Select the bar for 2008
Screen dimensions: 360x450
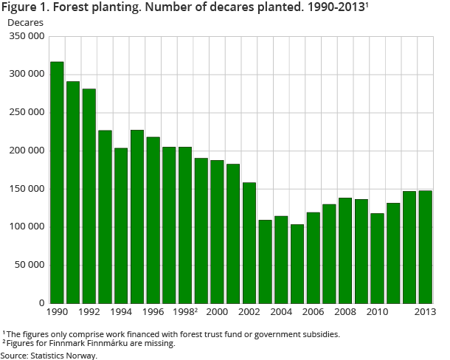(345, 250)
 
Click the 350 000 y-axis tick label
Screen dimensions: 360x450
(27, 36)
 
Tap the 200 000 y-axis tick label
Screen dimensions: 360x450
(27, 150)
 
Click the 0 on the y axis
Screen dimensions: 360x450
(42, 303)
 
